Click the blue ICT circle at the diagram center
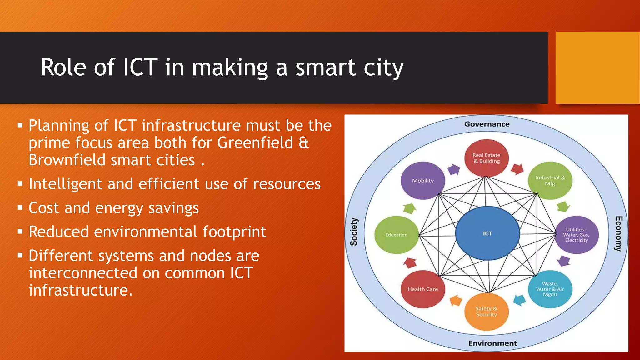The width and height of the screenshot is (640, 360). [x=487, y=233]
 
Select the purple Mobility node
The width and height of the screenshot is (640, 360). [x=423, y=181]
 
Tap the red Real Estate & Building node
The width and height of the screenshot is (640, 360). [x=486, y=158]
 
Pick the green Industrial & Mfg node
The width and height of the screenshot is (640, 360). [x=550, y=181]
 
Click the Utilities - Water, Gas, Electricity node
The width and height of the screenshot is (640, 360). [x=577, y=235]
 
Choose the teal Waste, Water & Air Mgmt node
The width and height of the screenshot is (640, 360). [x=550, y=289]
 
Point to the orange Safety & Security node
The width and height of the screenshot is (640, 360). [x=486, y=312]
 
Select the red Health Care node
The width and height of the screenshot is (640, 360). [x=423, y=289]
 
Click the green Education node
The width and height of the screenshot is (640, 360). [x=396, y=235]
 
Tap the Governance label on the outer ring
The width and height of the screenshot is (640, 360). [x=487, y=124]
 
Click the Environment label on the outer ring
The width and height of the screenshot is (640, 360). [x=492, y=343]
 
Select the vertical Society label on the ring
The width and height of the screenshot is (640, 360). [x=354, y=232]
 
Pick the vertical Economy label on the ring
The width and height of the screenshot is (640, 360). [x=618, y=233]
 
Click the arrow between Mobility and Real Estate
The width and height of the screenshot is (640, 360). [x=454, y=169]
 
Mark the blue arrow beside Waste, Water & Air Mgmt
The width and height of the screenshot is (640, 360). [x=519, y=300]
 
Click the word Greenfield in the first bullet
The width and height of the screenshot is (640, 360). [x=255, y=143]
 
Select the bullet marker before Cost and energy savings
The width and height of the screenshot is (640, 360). [x=20, y=208]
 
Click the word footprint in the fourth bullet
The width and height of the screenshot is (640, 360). [x=234, y=232]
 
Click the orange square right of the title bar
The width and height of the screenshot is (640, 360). [x=597, y=68]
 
